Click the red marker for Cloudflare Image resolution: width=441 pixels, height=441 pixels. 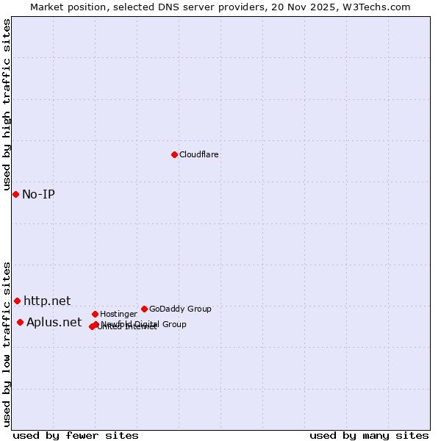tap(174, 154)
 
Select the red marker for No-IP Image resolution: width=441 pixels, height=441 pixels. tap(15, 194)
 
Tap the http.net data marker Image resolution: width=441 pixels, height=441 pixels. tap(17, 301)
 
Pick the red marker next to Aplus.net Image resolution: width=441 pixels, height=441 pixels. tap(20, 322)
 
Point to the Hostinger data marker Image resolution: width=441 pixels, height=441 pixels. tap(95, 314)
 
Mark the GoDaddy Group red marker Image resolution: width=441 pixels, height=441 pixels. tap(144, 309)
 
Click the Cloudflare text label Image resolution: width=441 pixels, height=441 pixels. tap(198, 155)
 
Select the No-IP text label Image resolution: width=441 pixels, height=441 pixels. tap(38, 195)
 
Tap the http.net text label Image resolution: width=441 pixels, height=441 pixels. tap(47, 301)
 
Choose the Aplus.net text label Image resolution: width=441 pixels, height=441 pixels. tap(54, 323)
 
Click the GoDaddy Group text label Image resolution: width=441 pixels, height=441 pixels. tap(180, 309)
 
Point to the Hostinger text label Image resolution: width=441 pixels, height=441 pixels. tap(118, 315)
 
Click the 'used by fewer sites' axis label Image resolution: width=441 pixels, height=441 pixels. tap(76, 436)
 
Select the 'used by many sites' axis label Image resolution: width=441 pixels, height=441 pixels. tap(369, 436)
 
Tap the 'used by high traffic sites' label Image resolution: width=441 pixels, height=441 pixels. tap(7, 104)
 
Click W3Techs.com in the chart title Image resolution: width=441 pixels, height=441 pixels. tap(375, 7)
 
